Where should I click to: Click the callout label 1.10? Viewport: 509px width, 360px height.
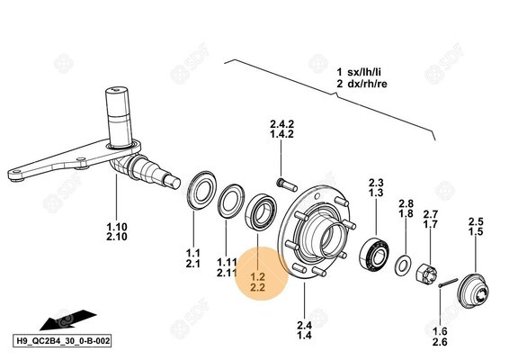tap(117, 227)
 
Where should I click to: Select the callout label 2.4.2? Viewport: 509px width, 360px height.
tap(281, 124)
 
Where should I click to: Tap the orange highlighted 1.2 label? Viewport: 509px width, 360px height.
tap(258, 277)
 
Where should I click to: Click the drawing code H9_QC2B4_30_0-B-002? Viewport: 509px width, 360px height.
tap(62, 341)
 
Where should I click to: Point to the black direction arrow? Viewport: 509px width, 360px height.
tap(67, 319)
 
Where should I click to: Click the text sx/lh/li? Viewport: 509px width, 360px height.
tap(364, 72)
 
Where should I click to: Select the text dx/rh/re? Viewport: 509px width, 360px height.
tap(367, 84)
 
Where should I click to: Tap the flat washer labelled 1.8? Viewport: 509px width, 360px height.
tap(403, 265)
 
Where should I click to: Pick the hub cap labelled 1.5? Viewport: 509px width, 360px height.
tap(473, 290)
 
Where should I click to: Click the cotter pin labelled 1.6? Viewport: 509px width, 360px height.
tap(448, 283)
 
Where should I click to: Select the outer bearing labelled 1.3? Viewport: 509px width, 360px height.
tap(374, 254)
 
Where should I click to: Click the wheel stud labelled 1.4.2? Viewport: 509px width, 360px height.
tap(287, 184)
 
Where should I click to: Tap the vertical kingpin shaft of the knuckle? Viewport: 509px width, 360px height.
tap(118, 117)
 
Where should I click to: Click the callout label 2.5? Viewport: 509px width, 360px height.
tap(476, 221)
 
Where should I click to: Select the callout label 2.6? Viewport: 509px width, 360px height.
tap(440, 342)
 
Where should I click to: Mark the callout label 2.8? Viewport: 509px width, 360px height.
tap(406, 203)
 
